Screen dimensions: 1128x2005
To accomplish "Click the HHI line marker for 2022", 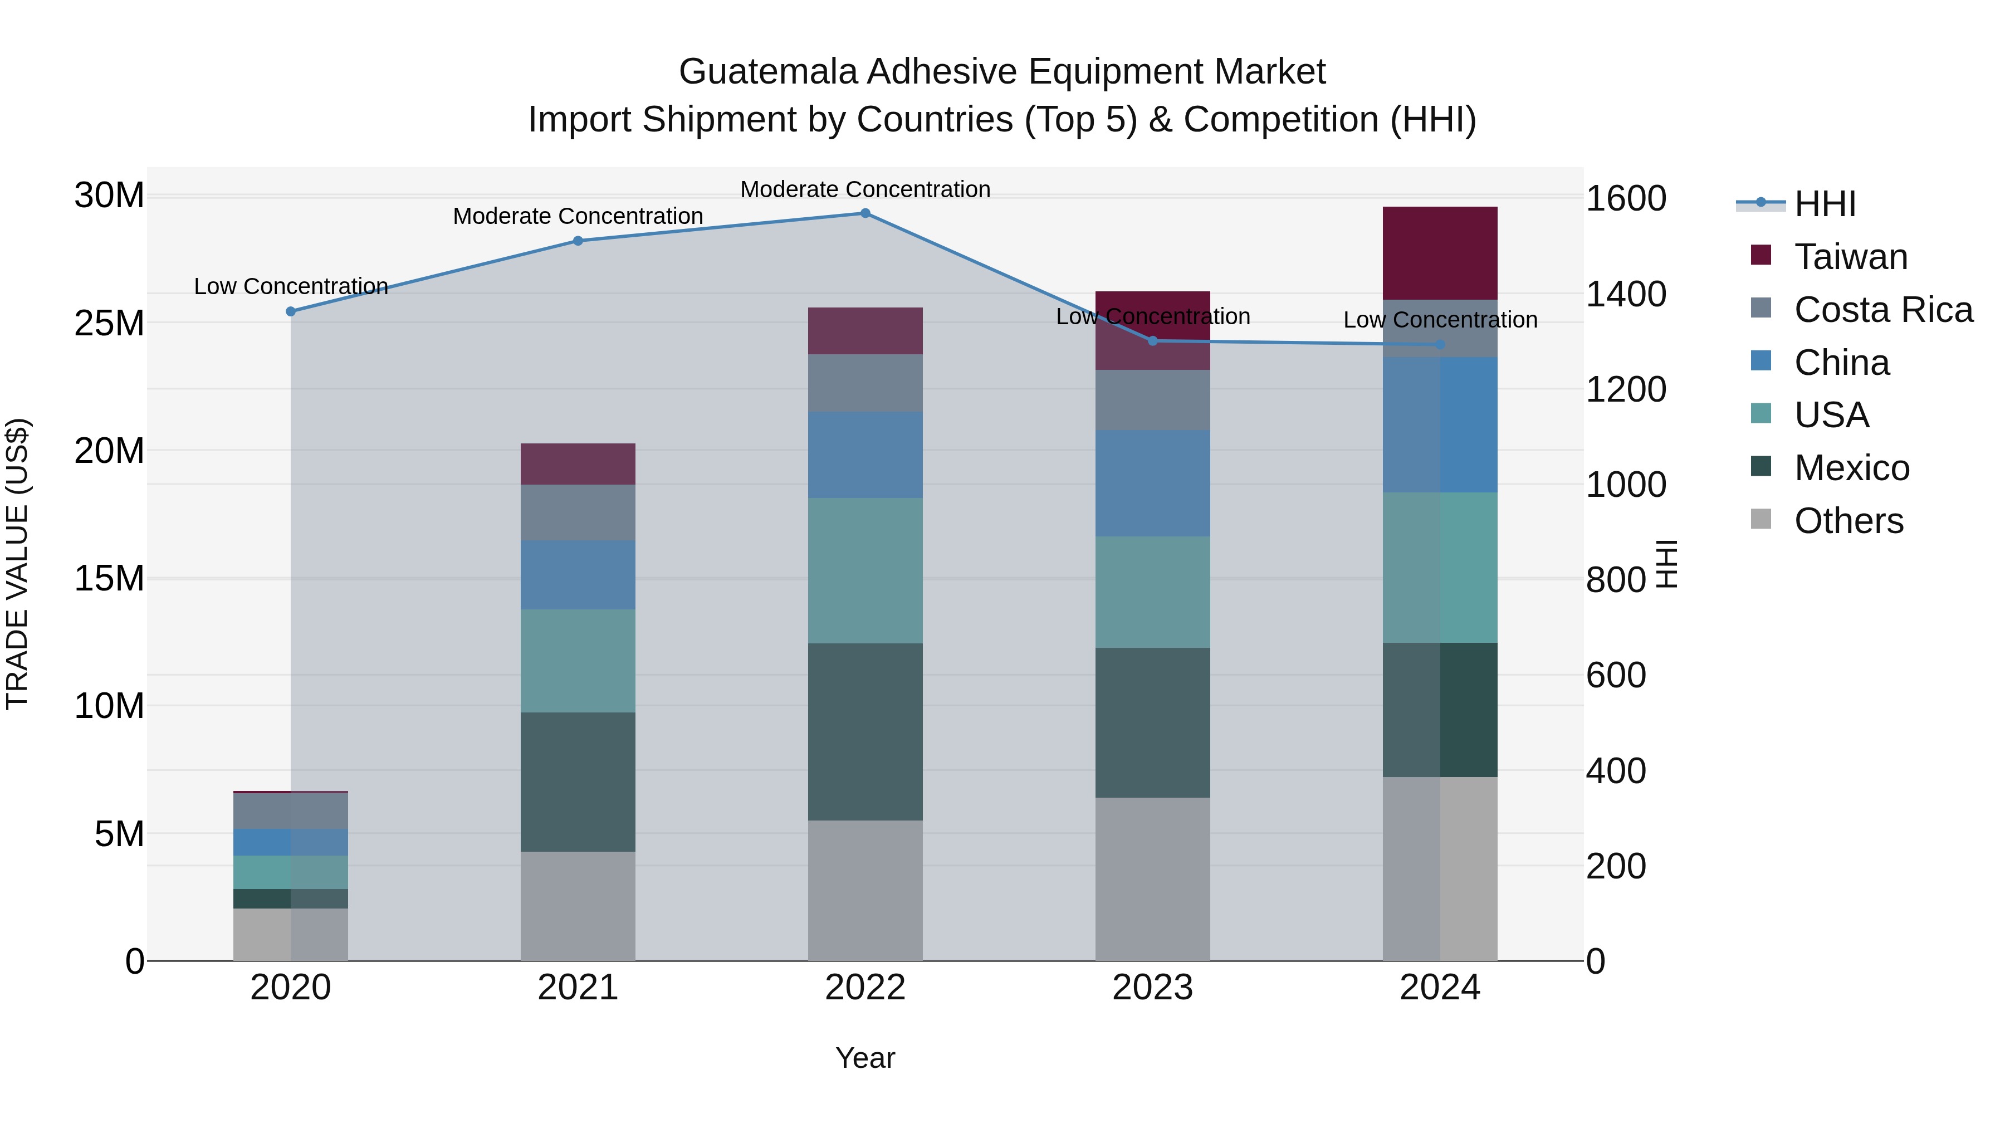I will coord(865,213).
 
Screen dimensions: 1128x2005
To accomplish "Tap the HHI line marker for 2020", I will coord(290,311).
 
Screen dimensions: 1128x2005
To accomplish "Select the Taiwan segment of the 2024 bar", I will coord(1439,253).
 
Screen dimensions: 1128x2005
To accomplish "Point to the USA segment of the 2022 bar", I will coord(865,570).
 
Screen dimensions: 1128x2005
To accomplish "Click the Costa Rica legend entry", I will coord(1883,310).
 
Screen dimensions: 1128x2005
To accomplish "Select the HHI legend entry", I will coord(1825,204).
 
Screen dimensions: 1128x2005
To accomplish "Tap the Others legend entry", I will coord(1848,521).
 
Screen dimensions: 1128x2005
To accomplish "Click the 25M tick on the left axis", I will coord(109,323).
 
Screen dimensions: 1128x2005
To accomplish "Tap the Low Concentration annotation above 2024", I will coord(1440,320).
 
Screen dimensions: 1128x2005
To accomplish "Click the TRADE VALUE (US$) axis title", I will coord(17,564).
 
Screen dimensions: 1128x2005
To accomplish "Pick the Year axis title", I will coord(865,1058).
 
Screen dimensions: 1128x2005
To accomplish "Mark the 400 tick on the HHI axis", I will coord(1616,771).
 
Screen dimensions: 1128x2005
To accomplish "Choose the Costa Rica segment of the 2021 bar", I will coord(578,512).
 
